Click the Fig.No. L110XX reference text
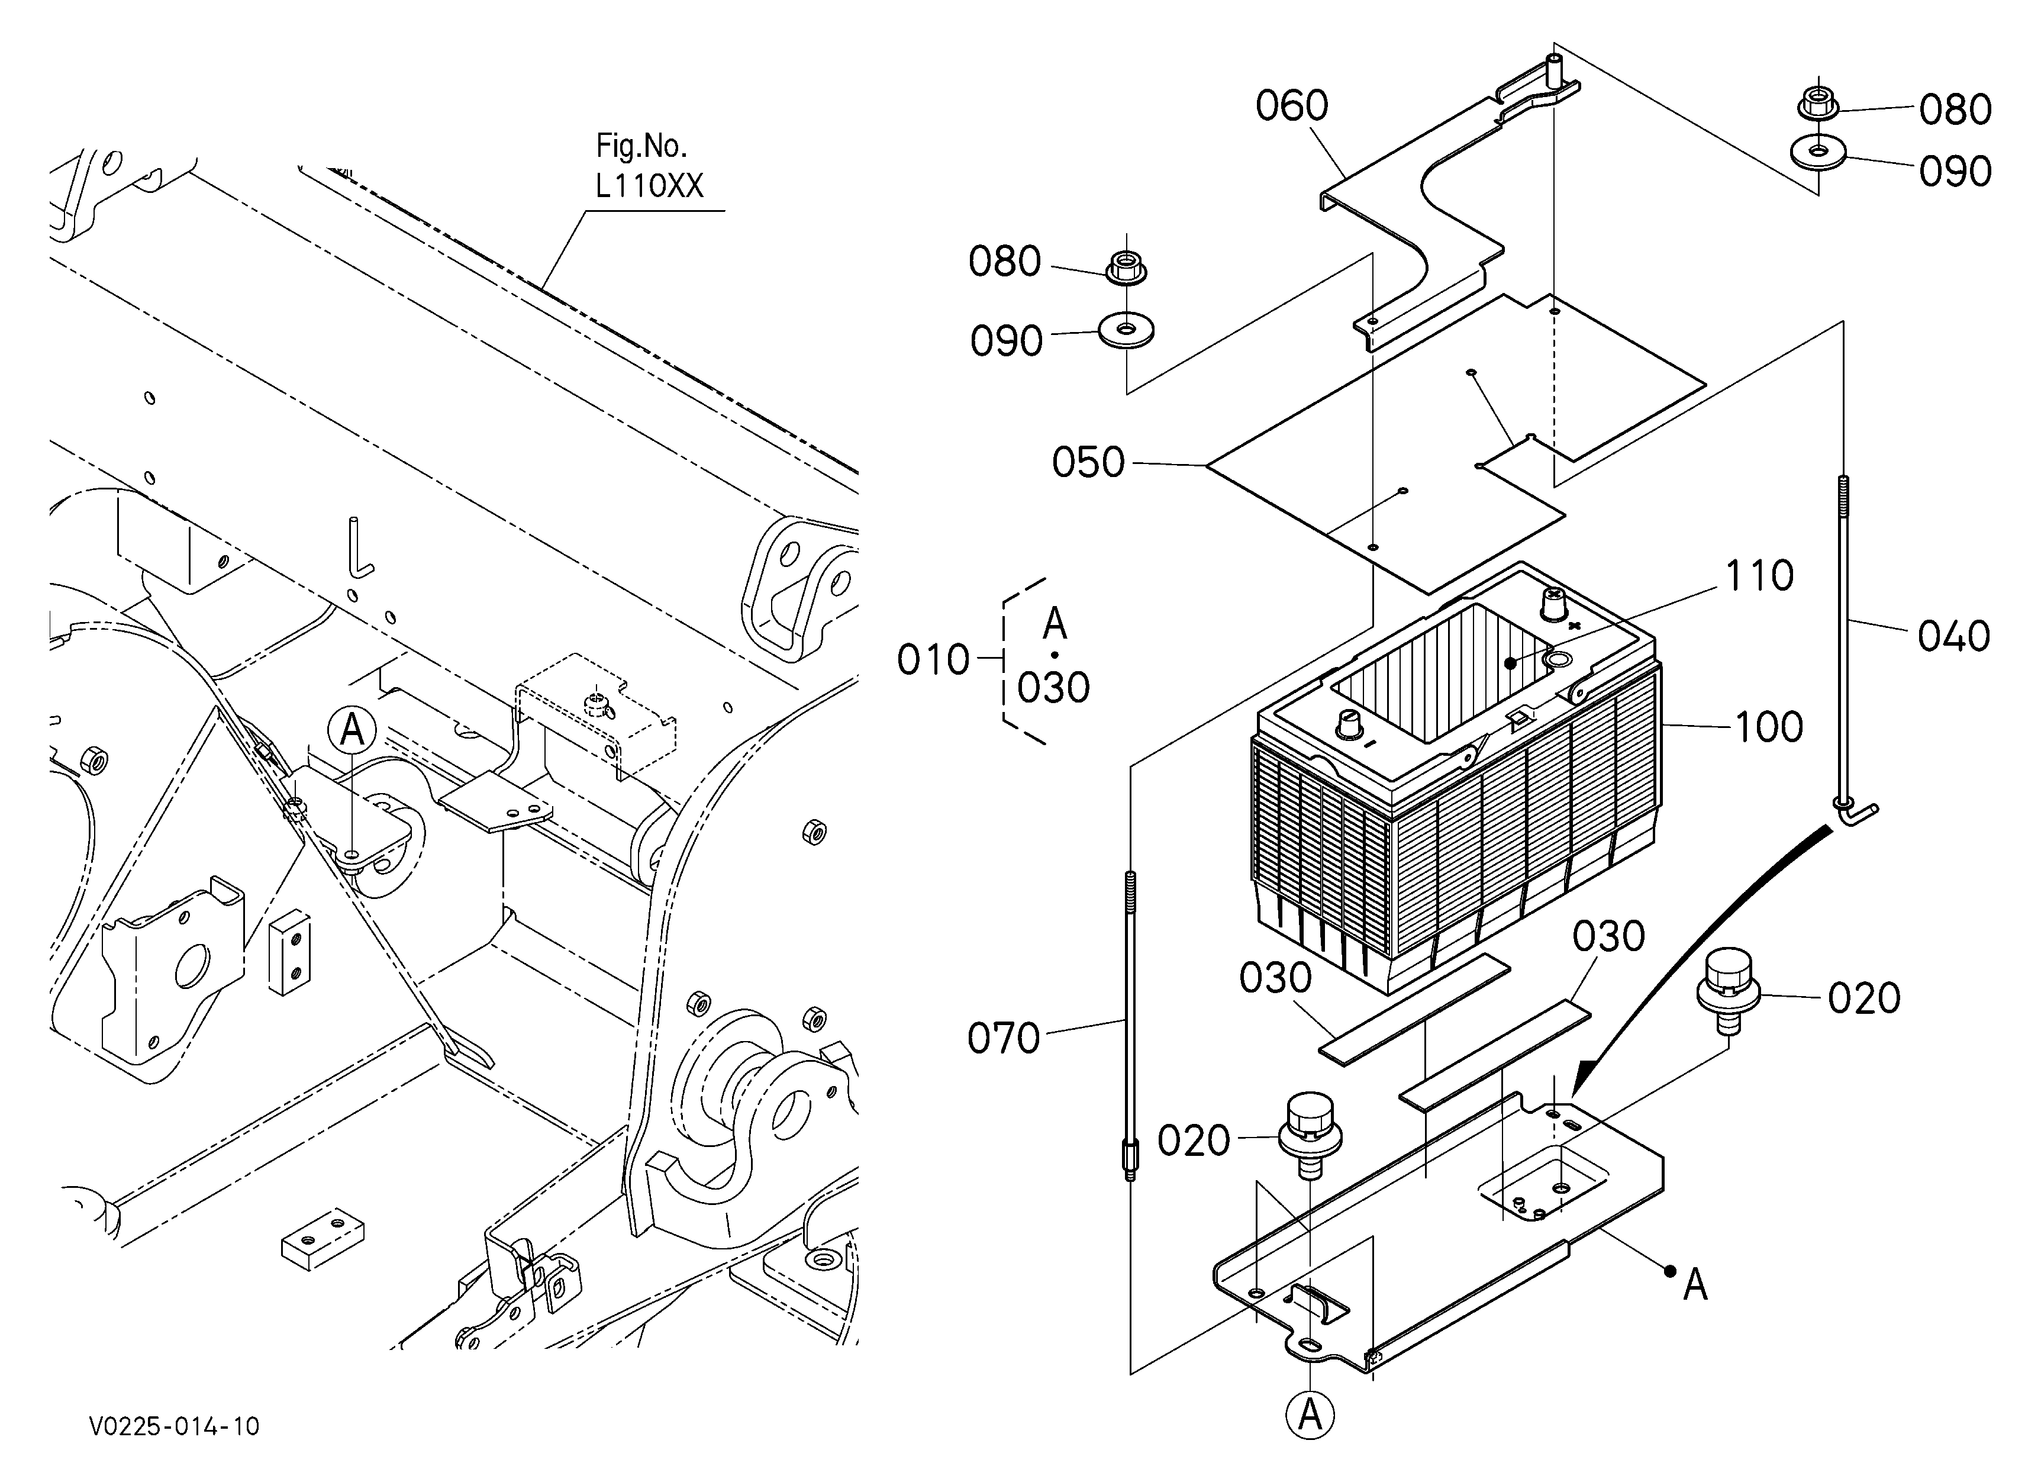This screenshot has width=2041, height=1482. (x=649, y=166)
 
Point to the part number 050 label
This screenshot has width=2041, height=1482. (x=1088, y=462)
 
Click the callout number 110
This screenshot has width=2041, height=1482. (x=1759, y=576)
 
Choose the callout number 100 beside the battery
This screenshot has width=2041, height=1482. (x=1768, y=727)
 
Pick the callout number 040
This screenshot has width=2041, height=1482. (x=1953, y=636)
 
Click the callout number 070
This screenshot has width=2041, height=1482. (x=1004, y=1038)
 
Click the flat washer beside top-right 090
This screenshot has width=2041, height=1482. (x=1818, y=152)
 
